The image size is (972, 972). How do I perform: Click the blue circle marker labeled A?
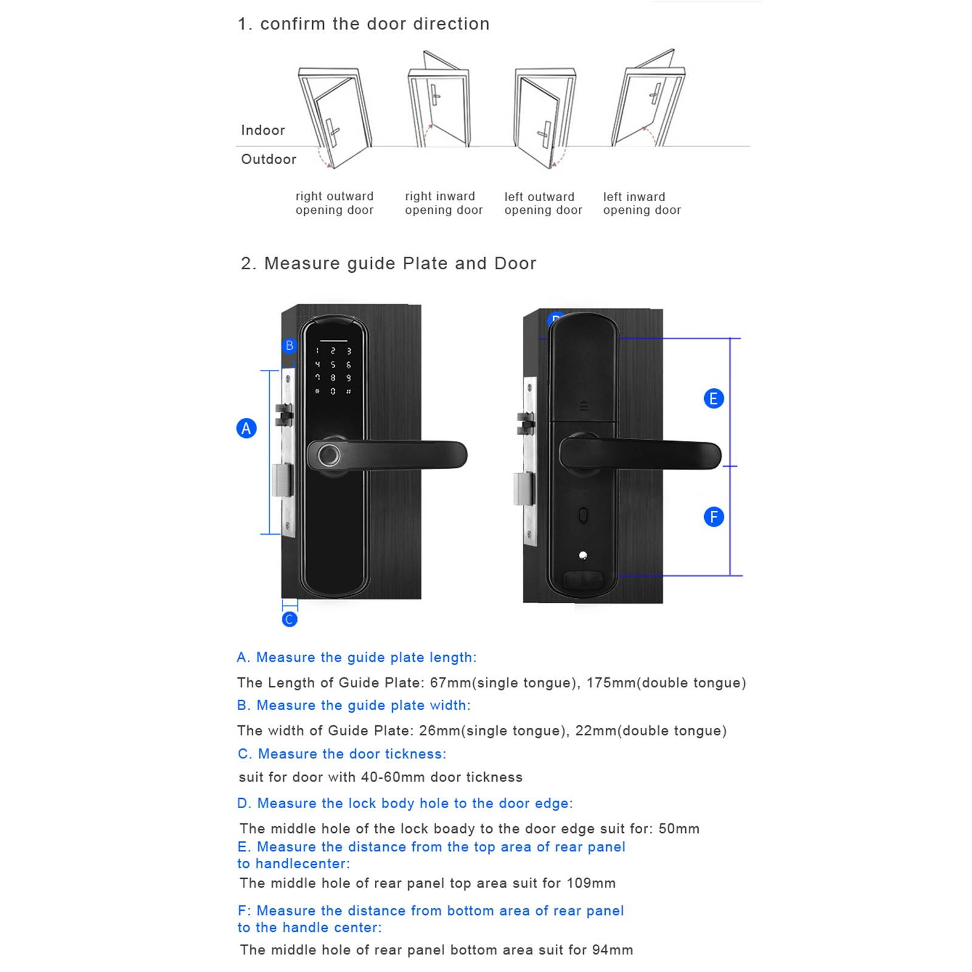(x=246, y=428)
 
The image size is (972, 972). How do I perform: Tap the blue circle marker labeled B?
(x=290, y=346)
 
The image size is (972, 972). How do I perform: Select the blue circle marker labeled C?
(x=290, y=619)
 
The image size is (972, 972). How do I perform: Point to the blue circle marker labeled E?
(x=713, y=399)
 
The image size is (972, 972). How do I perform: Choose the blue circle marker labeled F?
(x=713, y=517)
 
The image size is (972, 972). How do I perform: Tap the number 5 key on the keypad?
(x=333, y=364)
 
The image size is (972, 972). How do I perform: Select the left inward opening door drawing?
(x=648, y=100)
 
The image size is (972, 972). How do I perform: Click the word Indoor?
(x=262, y=130)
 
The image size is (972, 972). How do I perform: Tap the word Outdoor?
(x=269, y=159)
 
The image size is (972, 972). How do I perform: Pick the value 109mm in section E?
(x=590, y=883)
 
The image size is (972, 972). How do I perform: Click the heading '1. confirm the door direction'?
(x=363, y=24)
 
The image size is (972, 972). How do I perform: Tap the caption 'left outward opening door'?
(x=542, y=204)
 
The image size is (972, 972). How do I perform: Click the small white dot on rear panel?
(x=583, y=555)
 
